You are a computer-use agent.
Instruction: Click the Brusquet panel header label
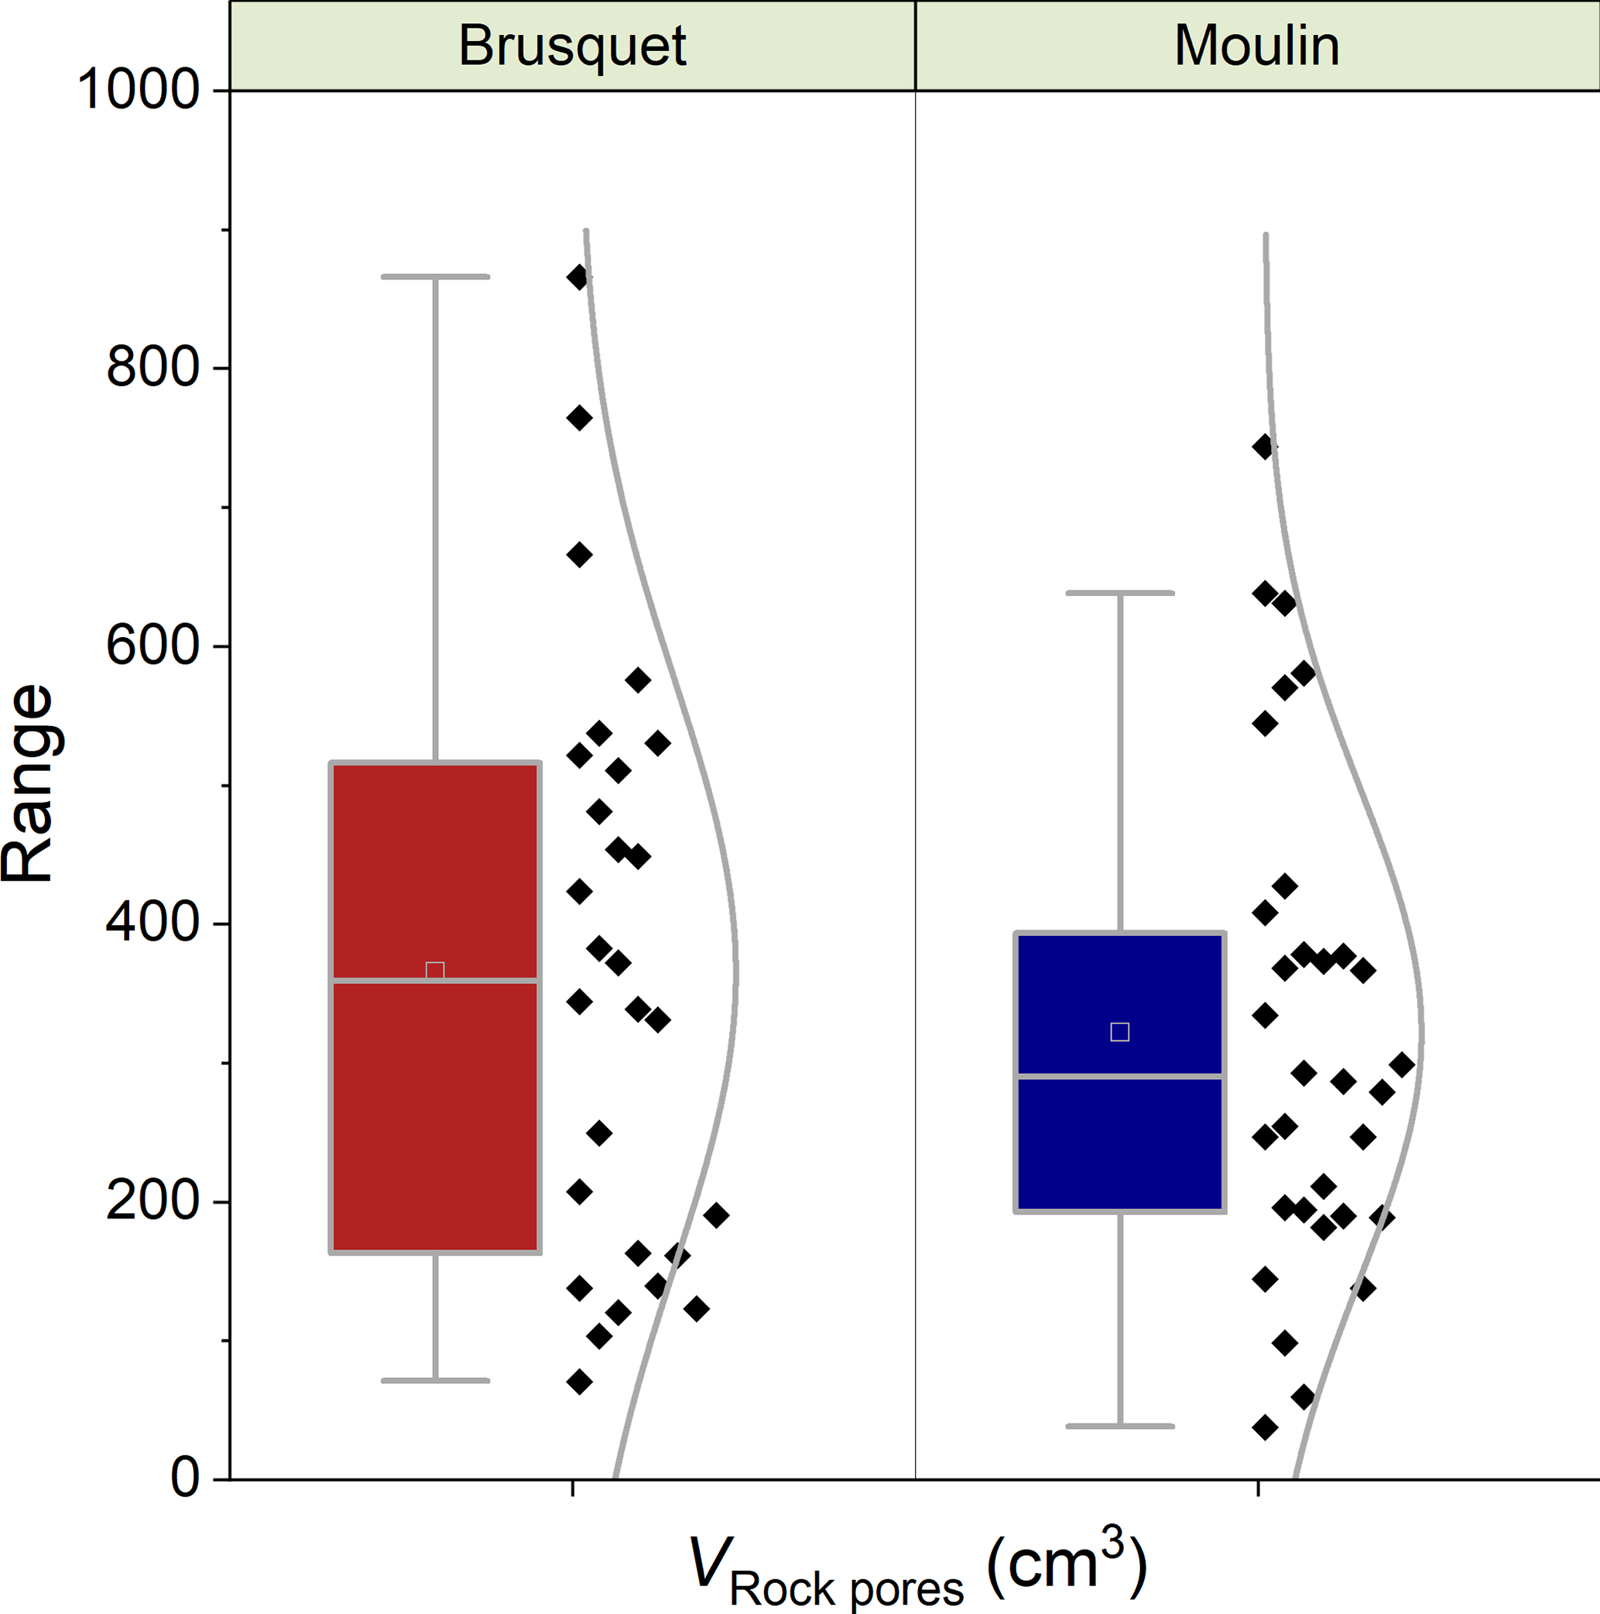pyautogui.click(x=572, y=46)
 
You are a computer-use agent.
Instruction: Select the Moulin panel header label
pyautogui.click(x=1256, y=46)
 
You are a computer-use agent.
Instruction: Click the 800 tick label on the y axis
pyautogui.click(x=153, y=368)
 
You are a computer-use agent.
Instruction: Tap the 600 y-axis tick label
pyautogui.click(x=153, y=646)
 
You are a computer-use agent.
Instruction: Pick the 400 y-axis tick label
pyautogui.click(x=153, y=924)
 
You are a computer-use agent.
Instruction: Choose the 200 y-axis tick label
pyautogui.click(x=153, y=1201)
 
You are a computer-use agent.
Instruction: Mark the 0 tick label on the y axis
pyautogui.click(x=185, y=1479)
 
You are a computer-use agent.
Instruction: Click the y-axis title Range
pyautogui.click(x=29, y=783)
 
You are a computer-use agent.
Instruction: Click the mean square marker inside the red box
pyautogui.click(x=434, y=971)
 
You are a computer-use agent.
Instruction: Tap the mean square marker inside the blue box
pyautogui.click(x=1119, y=1032)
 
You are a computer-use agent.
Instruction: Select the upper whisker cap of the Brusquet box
pyautogui.click(x=434, y=276)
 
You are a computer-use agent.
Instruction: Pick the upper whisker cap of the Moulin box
pyautogui.click(x=1119, y=593)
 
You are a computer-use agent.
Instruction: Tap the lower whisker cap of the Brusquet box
pyautogui.click(x=434, y=1381)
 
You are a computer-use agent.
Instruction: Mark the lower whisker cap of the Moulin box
pyautogui.click(x=1119, y=1426)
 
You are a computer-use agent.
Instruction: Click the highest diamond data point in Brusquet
pyautogui.click(x=578, y=277)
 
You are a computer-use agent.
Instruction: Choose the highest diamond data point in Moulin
pyautogui.click(x=1265, y=447)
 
